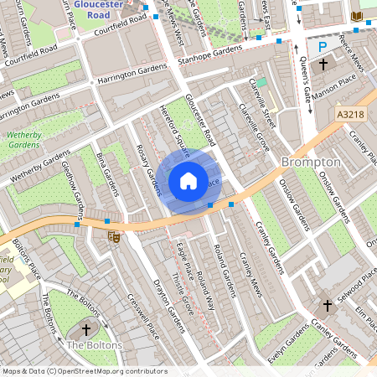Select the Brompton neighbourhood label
(311, 161)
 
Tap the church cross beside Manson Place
(323, 65)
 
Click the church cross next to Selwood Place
(326, 306)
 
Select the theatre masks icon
(115, 237)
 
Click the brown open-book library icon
(357, 16)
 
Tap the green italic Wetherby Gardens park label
(28, 138)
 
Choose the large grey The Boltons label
(94, 345)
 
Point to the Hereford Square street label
(175, 126)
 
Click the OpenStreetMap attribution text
(84, 370)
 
